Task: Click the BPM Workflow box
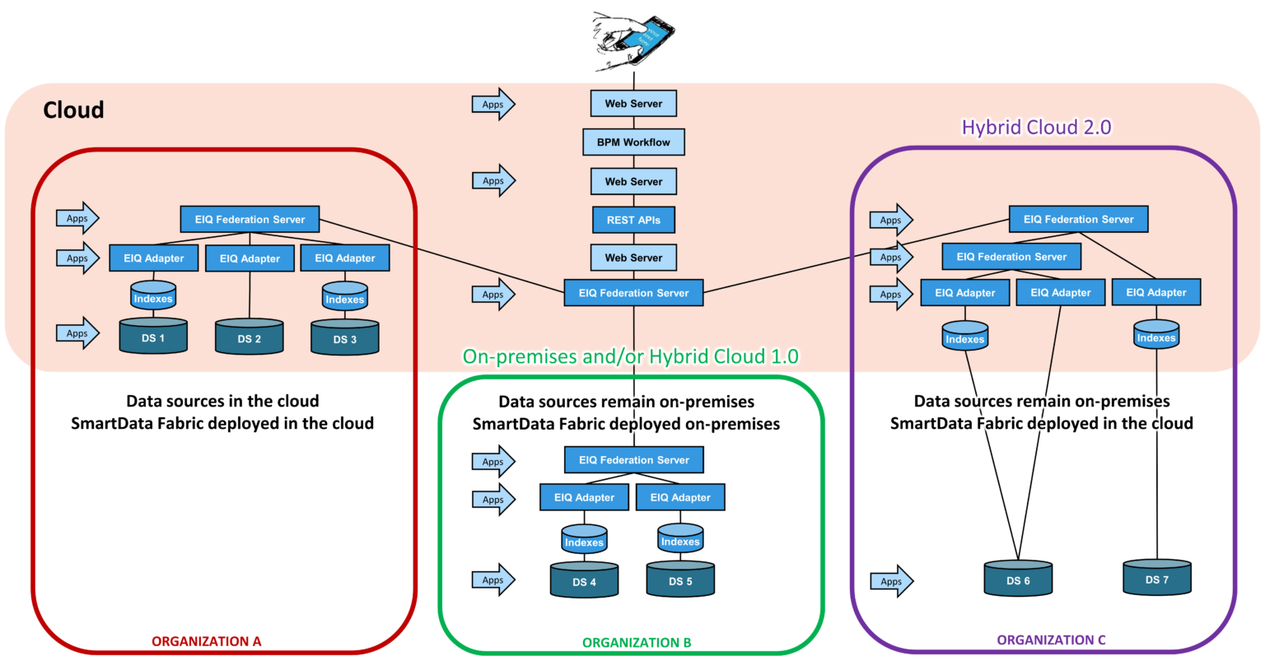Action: click(633, 142)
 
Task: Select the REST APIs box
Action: click(633, 220)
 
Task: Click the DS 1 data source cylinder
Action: click(153, 337)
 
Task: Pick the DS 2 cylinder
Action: click(249, 337)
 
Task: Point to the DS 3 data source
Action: click(344, 338)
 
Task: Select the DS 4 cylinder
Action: click(584, 580)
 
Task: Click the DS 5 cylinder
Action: click(680, 579)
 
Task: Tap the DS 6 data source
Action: click(1018, 579)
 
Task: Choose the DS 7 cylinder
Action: click(1156, 578)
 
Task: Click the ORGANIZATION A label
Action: click(206, 641)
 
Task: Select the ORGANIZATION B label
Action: click(636, 642)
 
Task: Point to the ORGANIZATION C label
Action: click(1051, 640)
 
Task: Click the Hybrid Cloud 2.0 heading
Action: click(1036, 128)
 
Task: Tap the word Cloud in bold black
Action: click(73, 110)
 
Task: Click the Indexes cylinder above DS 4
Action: click(584, 540)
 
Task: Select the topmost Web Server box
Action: click(633, 104)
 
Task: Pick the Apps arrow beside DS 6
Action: click(891, 581)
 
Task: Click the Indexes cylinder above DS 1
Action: click(153, 296)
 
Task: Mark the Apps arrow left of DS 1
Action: click(77, 333)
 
